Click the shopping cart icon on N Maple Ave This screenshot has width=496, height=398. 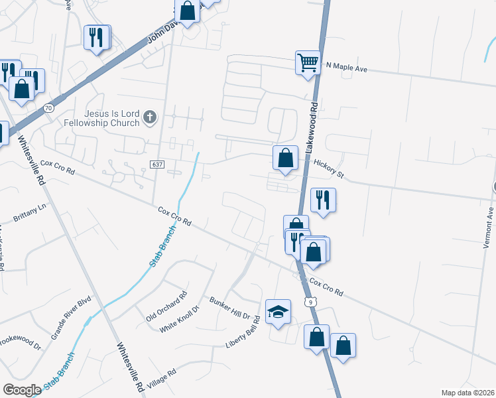(x=308, y=64)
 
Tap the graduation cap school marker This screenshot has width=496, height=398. (x=279, y=311)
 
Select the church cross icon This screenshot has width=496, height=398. (x=150, y=118)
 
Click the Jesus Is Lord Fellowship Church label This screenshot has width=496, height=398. (x=102, y=118)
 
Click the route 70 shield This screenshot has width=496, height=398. (x=48, y=107)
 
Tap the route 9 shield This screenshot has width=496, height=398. (x=310, y=302)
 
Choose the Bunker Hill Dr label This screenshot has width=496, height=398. (x=229, y=308)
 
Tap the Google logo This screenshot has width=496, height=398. (x=22, y=390)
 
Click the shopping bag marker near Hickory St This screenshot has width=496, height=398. (x=285, y=159)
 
